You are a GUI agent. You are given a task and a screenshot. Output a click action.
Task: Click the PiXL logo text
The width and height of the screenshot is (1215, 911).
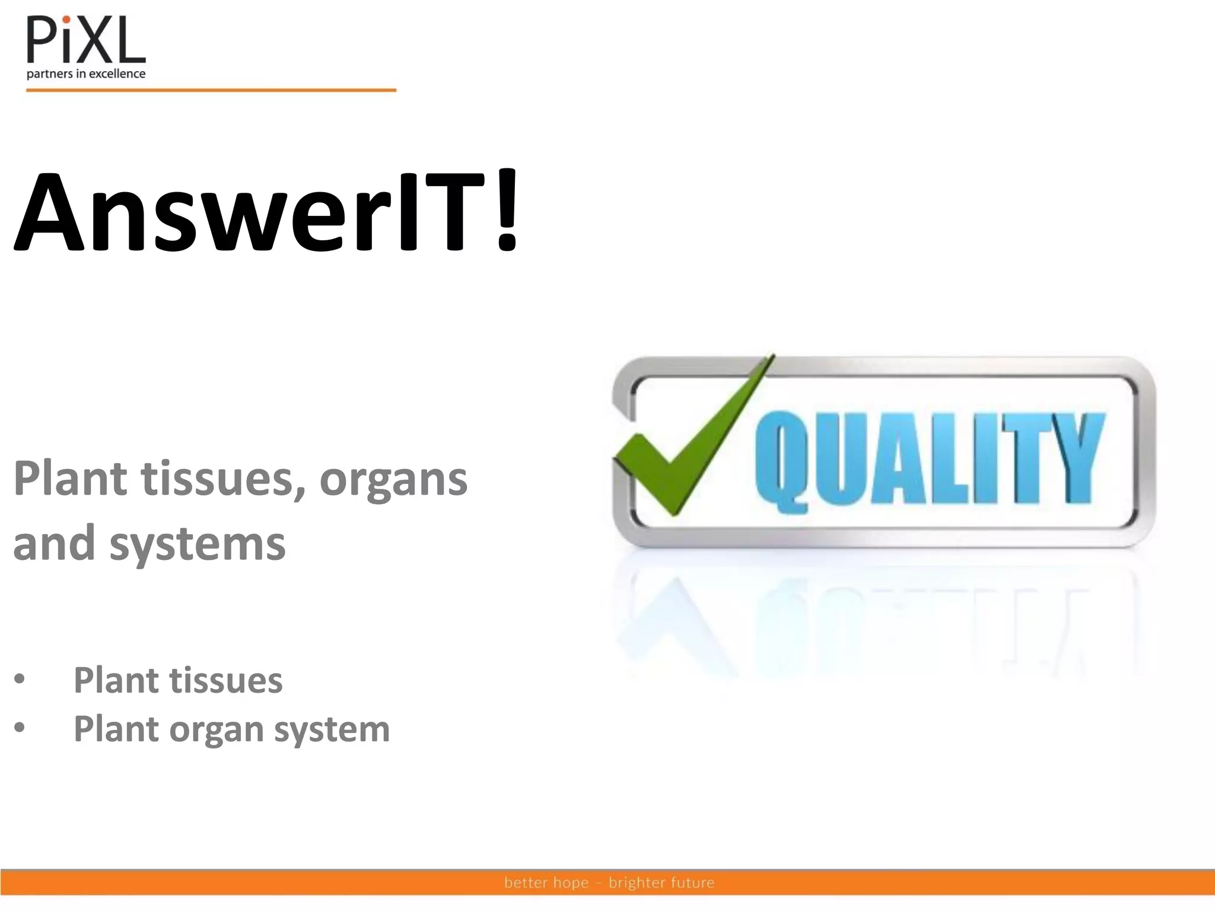(x=85, y=40)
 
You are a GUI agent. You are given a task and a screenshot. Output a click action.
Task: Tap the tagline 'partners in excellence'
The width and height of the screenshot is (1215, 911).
(x=86, y=74)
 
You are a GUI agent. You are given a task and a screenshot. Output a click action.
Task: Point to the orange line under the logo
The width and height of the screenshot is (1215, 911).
(x=211, y=90)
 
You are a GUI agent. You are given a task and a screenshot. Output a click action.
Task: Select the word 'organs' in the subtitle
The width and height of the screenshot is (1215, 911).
(x=393, y=479)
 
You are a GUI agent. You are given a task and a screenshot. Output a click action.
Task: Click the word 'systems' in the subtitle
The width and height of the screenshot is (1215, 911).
(x=197, y=543)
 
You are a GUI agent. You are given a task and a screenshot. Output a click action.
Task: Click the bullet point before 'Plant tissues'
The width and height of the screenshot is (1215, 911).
(x=20, y=680)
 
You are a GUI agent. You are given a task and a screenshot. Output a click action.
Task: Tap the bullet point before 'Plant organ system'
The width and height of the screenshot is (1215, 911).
(x=20, y=728)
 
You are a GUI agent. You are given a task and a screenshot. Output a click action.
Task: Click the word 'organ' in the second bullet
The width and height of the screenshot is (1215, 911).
(x=216, y=730)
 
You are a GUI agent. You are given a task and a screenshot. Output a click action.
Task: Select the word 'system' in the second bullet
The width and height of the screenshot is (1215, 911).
(x=332, y=730)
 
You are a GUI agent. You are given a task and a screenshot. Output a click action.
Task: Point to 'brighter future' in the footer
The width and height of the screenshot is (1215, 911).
(x=661, y=883)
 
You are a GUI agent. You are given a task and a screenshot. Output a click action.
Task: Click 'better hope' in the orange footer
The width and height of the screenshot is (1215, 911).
(x=546, y=883)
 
